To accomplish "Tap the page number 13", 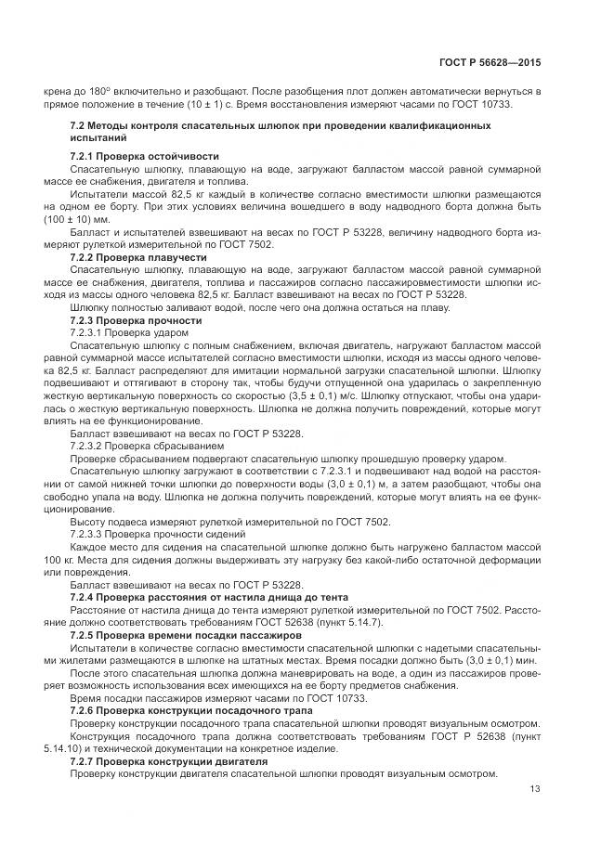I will [x=534, y=789].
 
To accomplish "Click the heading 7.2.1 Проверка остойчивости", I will [x=144, y=155].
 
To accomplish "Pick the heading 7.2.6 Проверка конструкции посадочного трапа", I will [x=193, y=709].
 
